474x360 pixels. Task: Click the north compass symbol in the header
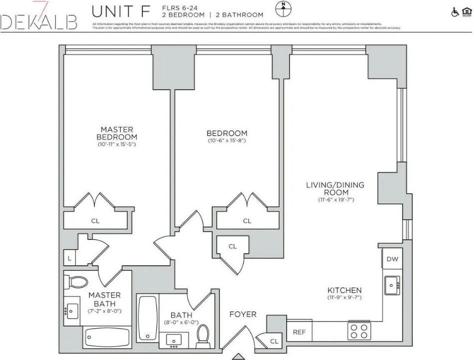pyautogui.click(x=283, y=8)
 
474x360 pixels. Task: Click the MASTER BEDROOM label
pyautogui.click(x=117, y=133)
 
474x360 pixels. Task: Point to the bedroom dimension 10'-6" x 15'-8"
pyautogui.click(x=227, y=141)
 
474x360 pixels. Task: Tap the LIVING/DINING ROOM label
pyautogui.click(x=335, y=188)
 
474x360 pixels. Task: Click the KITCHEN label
pyautogui.click(x=344, y=290)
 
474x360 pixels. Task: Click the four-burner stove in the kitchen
pyautogui.click(x=359, y=331)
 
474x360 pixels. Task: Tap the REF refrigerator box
pyautogui.click(x=299, y=332)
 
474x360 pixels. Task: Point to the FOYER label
pyautogui.click(x=243, y=314)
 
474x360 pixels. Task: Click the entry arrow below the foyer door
pyautogui.click(x=240, y=356)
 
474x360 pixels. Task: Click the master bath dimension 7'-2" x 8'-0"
pyautogui.click(x=104, y=311)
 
